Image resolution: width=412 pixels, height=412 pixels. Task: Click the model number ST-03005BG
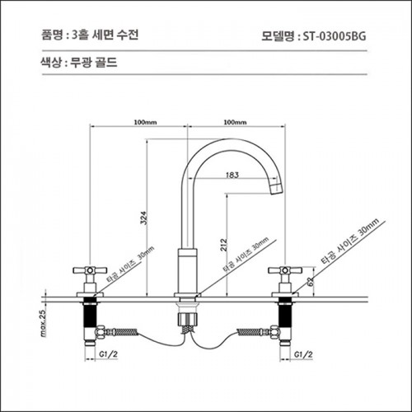click(335, 36)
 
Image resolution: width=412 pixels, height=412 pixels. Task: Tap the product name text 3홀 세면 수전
click(105, 35)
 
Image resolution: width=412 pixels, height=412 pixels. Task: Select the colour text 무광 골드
click(94, 63)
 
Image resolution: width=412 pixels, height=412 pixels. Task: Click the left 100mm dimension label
click(145, 122)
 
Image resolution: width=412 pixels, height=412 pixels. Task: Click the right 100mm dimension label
click(235, 122)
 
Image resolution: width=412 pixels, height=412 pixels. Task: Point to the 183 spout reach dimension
click(232, 175)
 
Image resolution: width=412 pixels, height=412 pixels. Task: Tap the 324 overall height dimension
click(144, 218)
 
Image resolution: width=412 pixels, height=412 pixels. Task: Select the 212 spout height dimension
click(224, 245)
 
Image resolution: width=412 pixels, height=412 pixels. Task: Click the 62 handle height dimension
click(311, 282)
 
